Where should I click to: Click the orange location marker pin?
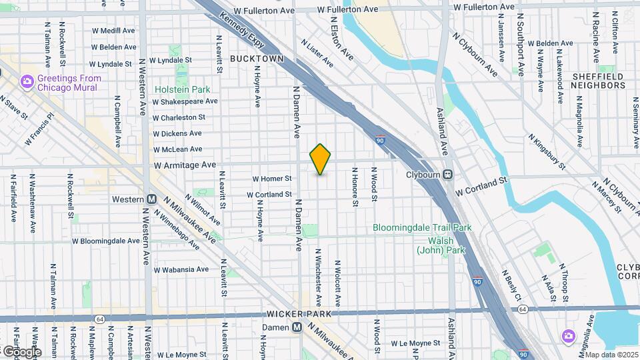[x=321, y=159]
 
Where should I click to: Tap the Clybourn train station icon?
[x=449, y=175]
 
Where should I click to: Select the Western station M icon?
[x=151, y=199]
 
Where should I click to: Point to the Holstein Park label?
[x=182, y=89]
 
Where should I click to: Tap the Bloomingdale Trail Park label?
[x=422, y=227]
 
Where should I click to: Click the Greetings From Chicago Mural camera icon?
[x=27, y=82]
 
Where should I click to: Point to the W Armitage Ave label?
[x=185, y=165]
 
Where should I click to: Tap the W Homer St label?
[x=272, y=179]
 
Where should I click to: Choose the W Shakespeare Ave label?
[x=185, y=101]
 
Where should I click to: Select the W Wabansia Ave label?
[x=181, y=270]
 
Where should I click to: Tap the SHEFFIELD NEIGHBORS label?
[x=598, y=81]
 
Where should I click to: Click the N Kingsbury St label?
[x=547, y=151]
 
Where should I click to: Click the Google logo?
[x=21, y=351]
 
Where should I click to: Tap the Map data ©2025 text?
[x=611, y=355]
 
